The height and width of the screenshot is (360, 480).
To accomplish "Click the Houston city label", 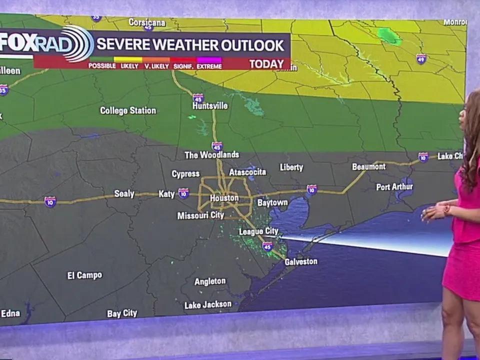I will coord(224,198).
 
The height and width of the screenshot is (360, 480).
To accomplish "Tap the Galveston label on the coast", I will coord(301,261).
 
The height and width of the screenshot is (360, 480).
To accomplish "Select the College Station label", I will coord(128,110).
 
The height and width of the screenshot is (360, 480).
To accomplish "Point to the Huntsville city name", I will coord(210,106).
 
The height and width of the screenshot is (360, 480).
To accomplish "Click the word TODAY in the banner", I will coord(266,64).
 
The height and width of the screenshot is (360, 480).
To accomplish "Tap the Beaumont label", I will coord(368,166).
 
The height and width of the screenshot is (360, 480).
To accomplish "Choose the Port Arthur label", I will coord(394,187).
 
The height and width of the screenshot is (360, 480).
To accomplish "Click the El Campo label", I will coord(84,275).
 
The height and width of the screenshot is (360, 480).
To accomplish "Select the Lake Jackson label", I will coord(208,304).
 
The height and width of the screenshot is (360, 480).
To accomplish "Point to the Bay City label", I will coord(122,313).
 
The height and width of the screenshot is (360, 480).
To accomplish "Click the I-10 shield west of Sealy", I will coord(50,201).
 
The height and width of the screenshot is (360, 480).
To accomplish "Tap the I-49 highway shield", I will coord(421,59).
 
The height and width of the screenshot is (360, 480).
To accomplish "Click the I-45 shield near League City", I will coord(267,246).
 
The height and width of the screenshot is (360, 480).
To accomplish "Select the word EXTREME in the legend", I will coord(209,66).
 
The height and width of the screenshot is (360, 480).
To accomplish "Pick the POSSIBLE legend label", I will coord(102,66).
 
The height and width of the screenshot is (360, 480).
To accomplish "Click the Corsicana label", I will coord(147,22).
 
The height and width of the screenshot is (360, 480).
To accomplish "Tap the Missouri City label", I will coord(200,215).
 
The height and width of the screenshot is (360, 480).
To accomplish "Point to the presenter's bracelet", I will coord(446,209).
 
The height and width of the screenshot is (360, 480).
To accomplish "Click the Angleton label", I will coord(210,281).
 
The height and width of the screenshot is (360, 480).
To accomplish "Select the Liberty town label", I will coord(291,167).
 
